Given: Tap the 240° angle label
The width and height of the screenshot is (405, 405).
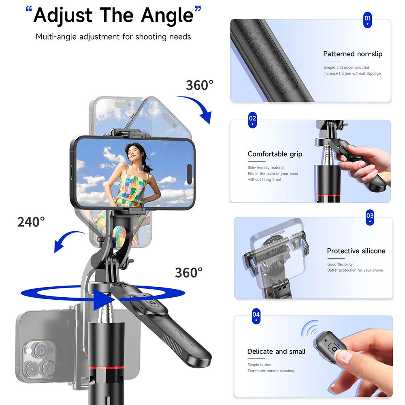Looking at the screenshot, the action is [x=31, y=222].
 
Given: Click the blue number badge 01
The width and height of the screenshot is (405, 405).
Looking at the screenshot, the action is [x=367, y=19].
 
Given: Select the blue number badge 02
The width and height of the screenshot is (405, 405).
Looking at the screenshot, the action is [x=252, y=120].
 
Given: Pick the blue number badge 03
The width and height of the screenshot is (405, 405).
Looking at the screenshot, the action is [x=370, y=217].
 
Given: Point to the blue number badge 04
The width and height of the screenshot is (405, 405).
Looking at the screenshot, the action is [x=256, y=316].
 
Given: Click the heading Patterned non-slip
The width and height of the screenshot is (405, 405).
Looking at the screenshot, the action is [x=353, y=54].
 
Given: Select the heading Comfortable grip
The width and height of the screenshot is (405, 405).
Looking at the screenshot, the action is [x=275, y=154].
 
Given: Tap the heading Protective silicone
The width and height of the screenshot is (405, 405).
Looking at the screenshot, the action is [x=356, y=251].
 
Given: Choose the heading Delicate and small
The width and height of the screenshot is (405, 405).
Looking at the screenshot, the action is [x=276, y=351].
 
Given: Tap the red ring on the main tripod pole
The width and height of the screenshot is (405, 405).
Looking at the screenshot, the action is [x=106, y=367].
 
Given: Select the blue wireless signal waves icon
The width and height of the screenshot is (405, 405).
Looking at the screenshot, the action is [x=310, y=328].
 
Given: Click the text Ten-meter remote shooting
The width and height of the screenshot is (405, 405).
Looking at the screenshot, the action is [x=271, y=371].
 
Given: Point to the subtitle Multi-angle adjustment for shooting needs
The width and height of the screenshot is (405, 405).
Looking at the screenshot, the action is [x=113, y=37].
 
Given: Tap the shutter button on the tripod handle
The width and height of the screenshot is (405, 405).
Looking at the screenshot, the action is [x=152, y=303].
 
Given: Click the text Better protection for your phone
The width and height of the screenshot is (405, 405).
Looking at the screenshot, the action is [x=355, y=270].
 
